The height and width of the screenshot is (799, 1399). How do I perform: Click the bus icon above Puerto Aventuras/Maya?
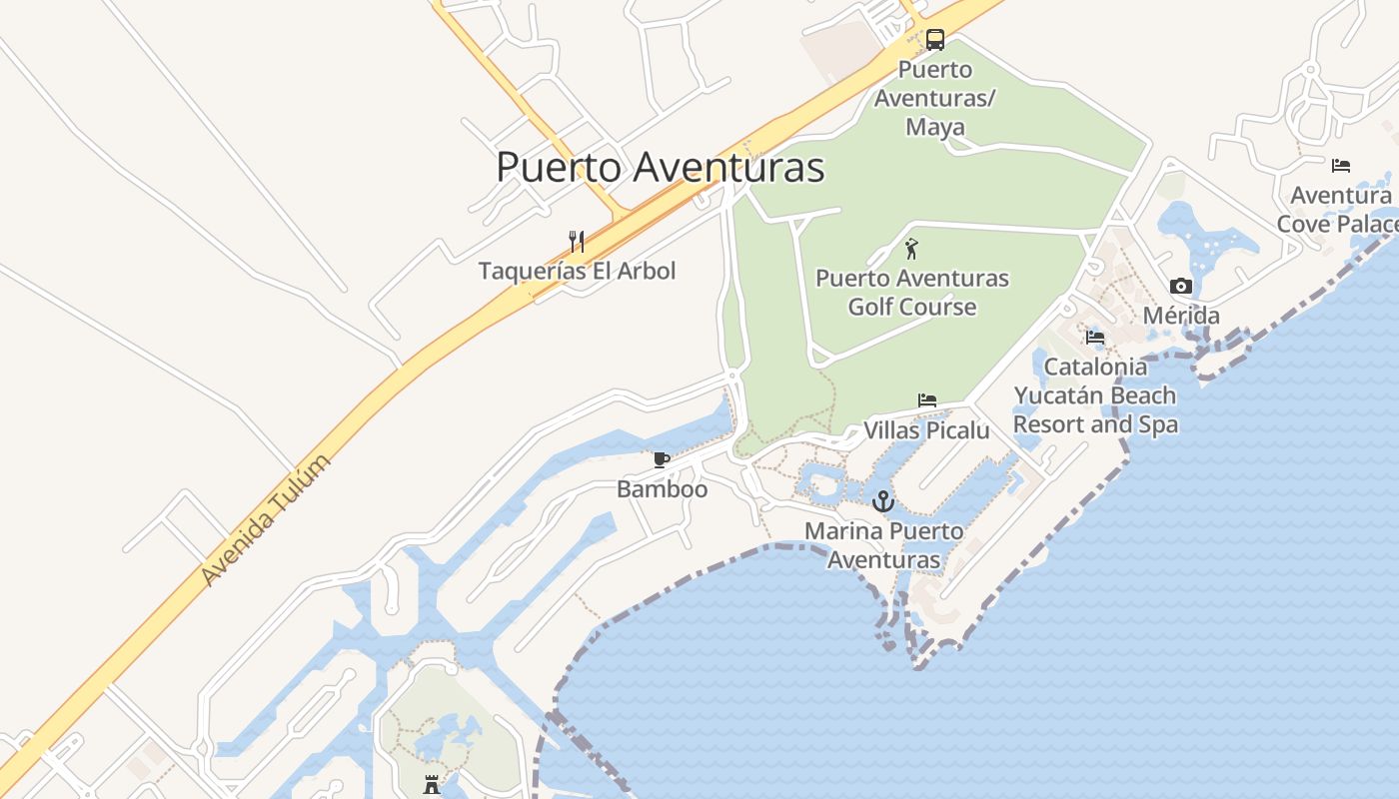tap(934, 40)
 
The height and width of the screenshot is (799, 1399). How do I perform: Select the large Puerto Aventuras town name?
tap(661, 167)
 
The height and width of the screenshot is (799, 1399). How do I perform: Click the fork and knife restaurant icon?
tap(576, 241)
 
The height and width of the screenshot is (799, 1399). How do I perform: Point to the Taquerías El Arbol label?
tap(577, 271)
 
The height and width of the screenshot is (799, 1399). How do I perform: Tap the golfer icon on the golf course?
tap(910, 250)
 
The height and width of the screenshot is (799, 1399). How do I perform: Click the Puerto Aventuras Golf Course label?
tap(912, 293)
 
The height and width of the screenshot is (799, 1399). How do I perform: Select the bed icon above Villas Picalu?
tap(927, 400)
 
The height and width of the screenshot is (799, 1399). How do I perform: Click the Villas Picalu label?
tap(926, 430)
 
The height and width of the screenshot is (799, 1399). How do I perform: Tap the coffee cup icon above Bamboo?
tap(661, 459)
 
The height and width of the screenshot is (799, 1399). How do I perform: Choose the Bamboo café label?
tap(662, 489)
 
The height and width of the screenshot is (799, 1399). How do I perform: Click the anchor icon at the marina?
tap(881, 501)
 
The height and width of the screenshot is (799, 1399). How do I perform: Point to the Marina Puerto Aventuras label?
tap(884, 545)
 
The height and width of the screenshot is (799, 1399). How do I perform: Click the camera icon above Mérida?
tap(1181, 287)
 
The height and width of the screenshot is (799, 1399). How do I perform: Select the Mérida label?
tap(1181, 316)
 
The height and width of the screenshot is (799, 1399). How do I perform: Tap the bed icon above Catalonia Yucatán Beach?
tap(1095, 337)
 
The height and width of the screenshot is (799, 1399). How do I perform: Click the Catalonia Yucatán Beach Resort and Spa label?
tap(1095, 396)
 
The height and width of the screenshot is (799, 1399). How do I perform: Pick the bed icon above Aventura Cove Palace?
tap(1341, 165)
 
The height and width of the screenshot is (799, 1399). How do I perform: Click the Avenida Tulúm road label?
tap(265, 520)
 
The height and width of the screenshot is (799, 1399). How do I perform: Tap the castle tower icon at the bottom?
tap(432, 785)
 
